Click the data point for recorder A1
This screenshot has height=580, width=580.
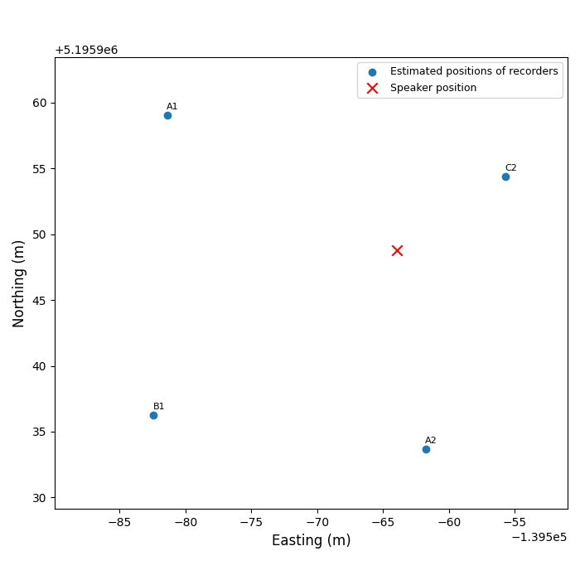point(167,115)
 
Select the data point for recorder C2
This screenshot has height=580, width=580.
point(505,176)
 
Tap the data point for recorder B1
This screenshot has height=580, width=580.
point(153,415)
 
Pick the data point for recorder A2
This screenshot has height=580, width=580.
point(426,449)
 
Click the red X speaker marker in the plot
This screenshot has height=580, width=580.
point(397,250)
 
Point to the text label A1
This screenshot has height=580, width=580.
point(172,106)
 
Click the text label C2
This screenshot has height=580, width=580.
point(510,167)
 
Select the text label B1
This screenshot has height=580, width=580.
point(158,406)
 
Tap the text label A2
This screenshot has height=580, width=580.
point(431,440)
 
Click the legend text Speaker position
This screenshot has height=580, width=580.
point(433,88)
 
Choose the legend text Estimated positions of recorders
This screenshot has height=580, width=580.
point(474,71)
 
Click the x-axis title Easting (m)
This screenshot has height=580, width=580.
point(312,540)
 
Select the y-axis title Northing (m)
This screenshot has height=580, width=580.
point(19,283)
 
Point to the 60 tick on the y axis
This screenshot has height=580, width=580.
point(38,103)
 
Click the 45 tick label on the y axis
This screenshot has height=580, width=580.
point(38,300)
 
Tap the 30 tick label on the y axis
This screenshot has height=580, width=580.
point(38,498)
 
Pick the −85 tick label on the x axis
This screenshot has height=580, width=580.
point(119,523)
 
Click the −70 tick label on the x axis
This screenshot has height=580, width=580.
point(317,523)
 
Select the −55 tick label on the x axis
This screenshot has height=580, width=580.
point(515,523)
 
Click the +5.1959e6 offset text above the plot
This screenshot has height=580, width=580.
point(86,50)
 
